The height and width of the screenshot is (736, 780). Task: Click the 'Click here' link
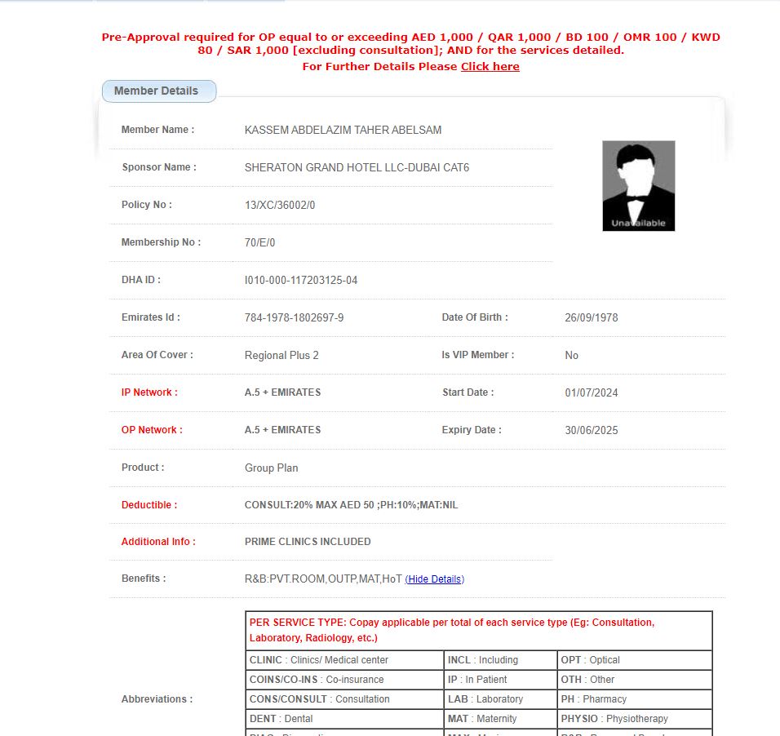[x=490, y=67]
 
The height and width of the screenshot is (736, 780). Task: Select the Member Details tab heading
[x=157, y=91]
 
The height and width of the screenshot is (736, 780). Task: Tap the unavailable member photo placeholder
[x=638, y=186]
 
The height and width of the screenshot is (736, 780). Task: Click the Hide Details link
[x=435, y=579]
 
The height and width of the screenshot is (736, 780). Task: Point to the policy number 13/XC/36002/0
[x=280, y=206]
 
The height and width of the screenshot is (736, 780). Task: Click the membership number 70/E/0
[x=260, y=243]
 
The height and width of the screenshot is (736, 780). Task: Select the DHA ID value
[x=301, y=281]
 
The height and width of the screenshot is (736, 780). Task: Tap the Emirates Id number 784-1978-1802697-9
[x=294, y=318]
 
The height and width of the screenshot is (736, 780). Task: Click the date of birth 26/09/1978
[x=592, y=318]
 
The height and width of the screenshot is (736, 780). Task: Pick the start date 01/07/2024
[x=592, y=393]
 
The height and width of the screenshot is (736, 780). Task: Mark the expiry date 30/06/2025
[x=592, y=431]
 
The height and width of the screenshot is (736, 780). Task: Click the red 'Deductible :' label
[x=149, y=505]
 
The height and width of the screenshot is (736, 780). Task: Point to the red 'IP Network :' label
[x=149, y=392]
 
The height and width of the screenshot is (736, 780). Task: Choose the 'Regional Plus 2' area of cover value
[x=281, y=356]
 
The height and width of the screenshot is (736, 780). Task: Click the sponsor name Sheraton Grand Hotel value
[x=357, y=168]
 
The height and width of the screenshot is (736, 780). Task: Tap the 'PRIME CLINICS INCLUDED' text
[x=308, y=542]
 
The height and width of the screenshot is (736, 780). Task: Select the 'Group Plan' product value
[x=271, y=468]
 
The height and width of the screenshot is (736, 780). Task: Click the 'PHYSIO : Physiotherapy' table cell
[x=614, y=719]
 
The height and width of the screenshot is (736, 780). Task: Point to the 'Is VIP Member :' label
[x=478, y=355]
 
